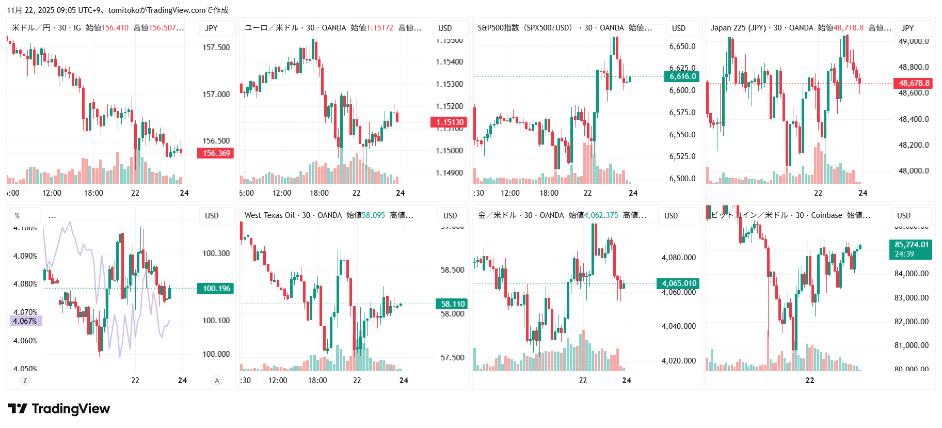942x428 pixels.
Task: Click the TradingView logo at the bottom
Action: [59, 409]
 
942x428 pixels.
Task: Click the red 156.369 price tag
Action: [216, 153]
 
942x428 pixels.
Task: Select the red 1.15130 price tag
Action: [449, 122]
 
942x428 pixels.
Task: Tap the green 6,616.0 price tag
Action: [682, 76]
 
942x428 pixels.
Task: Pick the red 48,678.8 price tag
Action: [913, 83]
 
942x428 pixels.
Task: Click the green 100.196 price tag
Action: [216, 289]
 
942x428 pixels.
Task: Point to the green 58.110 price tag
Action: [452, 304]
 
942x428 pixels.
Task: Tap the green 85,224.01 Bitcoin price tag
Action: [911, 249]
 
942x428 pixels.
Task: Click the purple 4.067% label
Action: [25, 321]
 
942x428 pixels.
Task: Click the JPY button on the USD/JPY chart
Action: [212, 28]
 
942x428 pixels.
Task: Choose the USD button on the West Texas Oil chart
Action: [450, 216]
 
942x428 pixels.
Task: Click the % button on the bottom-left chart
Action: [18, 216]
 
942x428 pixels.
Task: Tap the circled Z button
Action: [25, 381]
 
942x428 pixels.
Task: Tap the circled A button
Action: [217, 381]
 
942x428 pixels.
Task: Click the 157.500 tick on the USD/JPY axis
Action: [216, 47]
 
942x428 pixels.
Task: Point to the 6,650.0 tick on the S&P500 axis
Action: [682, 46]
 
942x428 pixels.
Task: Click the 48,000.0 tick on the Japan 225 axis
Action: [913, 171]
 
